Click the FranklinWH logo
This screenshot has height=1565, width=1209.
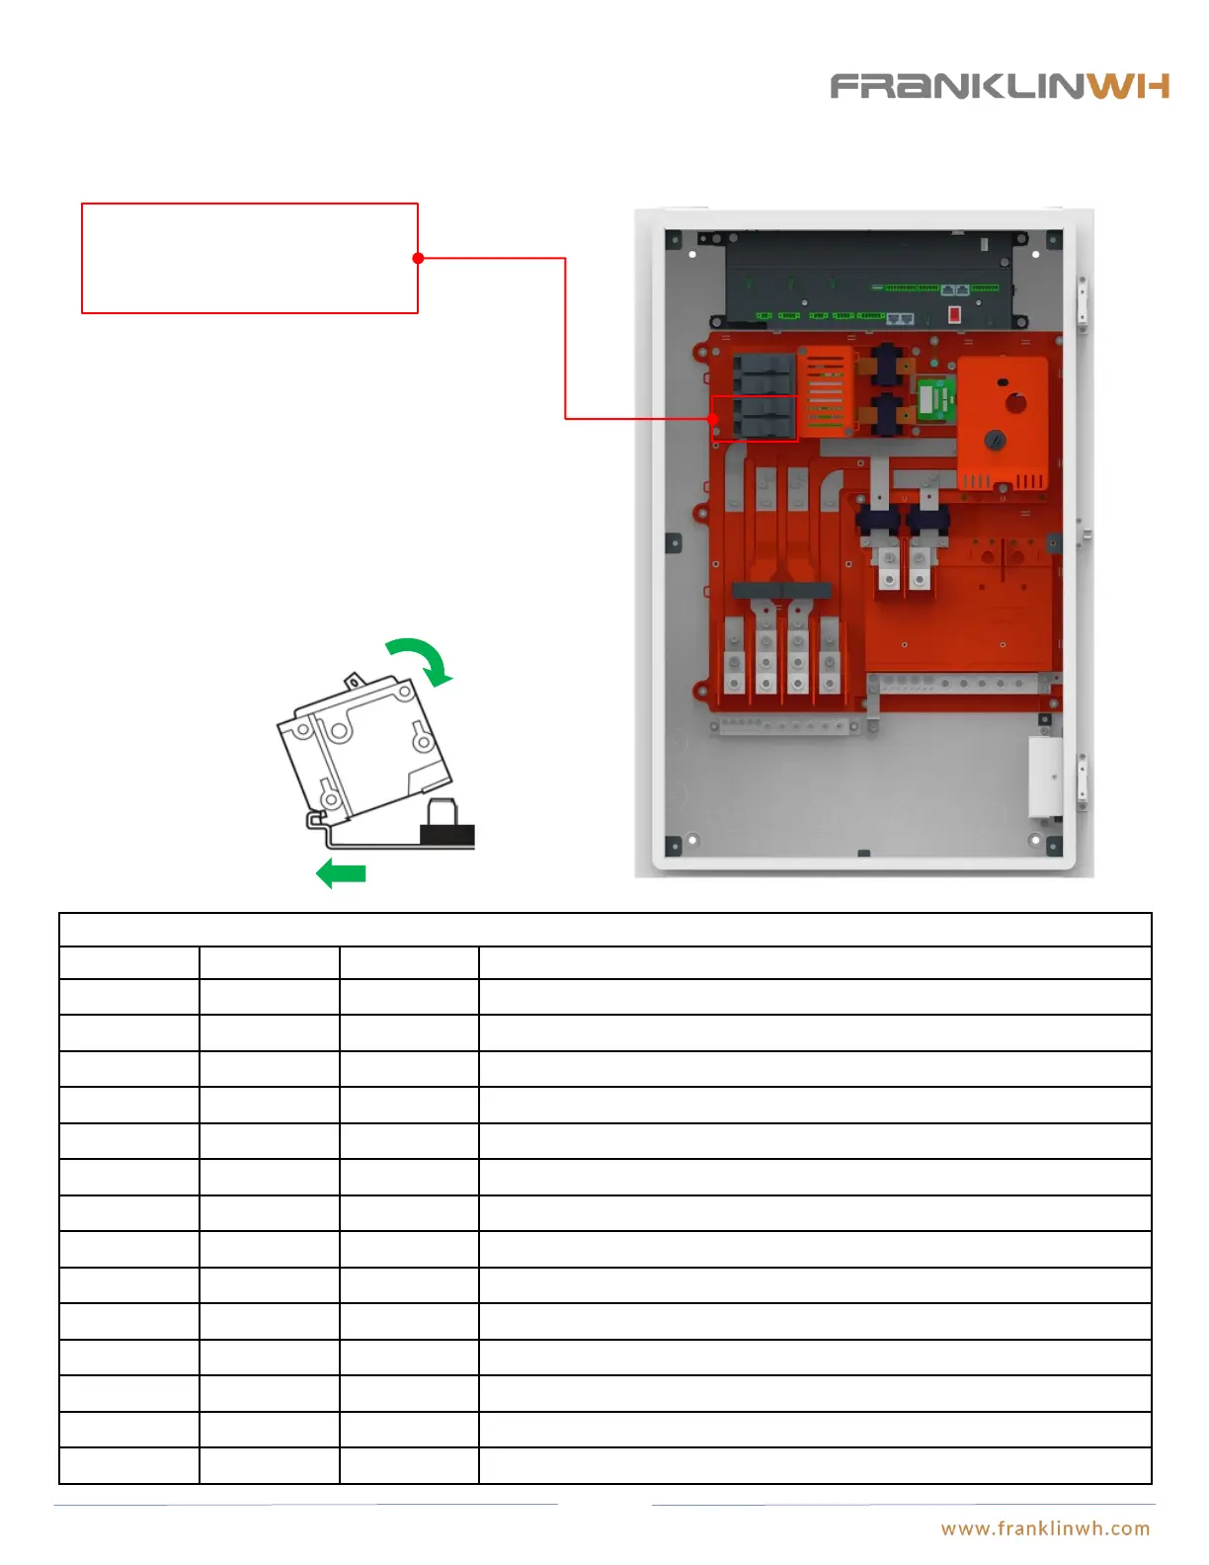(999, 86)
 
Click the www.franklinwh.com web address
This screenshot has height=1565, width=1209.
(1045, 1528)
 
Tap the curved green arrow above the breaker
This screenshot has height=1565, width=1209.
(421, 658)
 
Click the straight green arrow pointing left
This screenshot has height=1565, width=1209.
(341, 873)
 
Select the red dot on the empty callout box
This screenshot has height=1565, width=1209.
(418, 258)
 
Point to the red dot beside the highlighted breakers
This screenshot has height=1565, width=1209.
(713, 419)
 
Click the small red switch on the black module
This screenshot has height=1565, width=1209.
(954, 314)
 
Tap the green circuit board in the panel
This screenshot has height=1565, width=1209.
(934, 399)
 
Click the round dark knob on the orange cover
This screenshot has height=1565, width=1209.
(995, 442)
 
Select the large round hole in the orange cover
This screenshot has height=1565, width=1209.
(1014, 403)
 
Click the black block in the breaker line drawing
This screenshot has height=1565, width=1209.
(447, 834)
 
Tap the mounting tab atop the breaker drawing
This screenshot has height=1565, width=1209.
(354, 681)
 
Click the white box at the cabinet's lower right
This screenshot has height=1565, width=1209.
(1045, 777)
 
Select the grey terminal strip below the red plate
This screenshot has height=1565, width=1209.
(783, 726)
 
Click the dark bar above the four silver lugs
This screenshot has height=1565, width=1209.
(781, 591)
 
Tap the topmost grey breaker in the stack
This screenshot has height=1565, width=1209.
(764, 364)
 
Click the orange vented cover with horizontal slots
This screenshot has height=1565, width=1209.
(825, 391)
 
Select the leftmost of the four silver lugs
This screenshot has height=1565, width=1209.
(734, 658)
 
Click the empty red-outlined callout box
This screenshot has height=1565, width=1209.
(249, 258)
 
